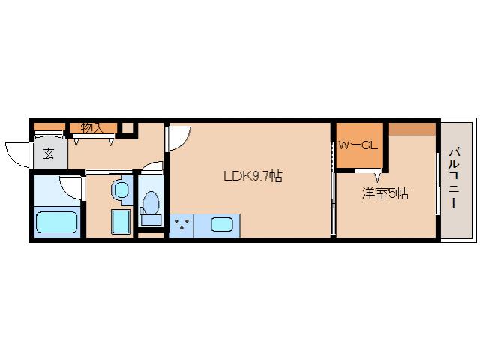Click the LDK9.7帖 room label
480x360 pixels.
click(252, 178)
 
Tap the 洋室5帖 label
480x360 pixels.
click(385, 193)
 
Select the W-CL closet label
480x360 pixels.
click(357, 145)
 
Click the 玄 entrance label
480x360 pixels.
click(48, 154)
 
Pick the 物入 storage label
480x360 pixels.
click(91, 128)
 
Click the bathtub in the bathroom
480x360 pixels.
click(57, 223)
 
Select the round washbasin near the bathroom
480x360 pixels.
click(120, 190)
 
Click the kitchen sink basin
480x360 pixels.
click(221, 224)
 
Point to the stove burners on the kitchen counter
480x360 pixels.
click(181, 225)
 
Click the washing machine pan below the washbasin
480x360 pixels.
click(120, 223)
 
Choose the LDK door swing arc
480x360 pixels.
click(179, 138)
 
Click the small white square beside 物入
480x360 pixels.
click(127, 128)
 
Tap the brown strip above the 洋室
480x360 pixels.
click(412, 128)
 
